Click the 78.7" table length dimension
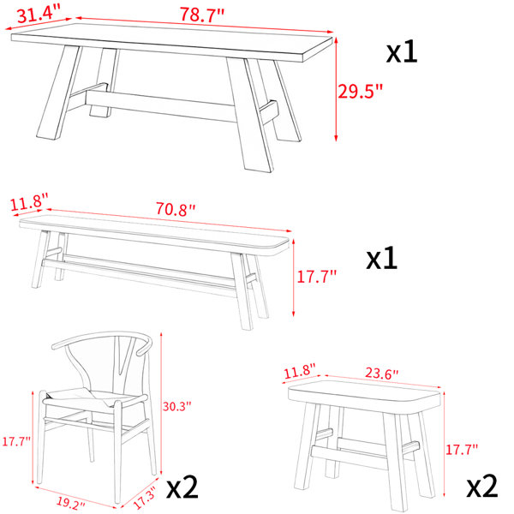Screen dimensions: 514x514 [202, 15]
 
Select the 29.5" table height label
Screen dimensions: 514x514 [361, 91]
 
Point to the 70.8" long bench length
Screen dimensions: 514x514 [176, 209]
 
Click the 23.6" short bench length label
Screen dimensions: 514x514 [381, 374]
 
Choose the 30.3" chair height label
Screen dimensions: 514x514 [176, 406]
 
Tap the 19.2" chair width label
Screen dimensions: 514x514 [71, 503]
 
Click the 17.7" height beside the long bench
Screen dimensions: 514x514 [316, 277]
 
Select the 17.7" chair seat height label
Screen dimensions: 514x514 [16, 441]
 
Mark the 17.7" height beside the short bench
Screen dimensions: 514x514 [462, 449]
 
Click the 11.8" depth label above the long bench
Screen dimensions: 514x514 [29, 203]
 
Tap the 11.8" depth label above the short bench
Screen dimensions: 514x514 [299, 371]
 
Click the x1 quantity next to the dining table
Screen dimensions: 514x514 [402, 52]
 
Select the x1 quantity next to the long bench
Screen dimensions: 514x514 [381, 259]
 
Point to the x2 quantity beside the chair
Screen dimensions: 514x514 [182, 487]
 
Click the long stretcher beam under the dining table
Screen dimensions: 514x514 [161, 105]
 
